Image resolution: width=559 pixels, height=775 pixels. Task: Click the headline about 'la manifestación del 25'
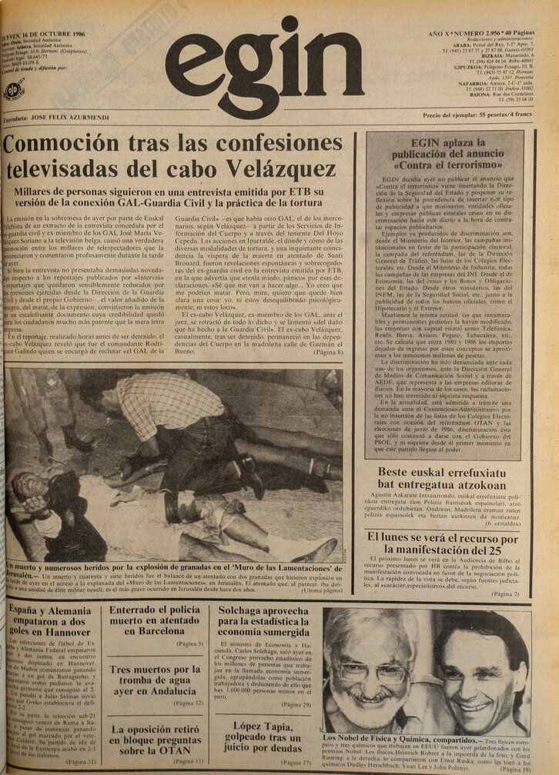pyautogui.click(x=441, y=544)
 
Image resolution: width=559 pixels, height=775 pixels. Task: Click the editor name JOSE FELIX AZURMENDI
pyautogui.click(x=70, y=117)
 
